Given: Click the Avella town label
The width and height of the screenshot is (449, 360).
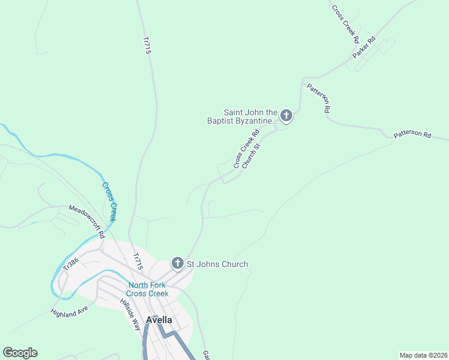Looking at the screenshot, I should tap(159, 320).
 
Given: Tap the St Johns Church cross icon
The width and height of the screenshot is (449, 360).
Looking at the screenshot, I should tap(177, 263).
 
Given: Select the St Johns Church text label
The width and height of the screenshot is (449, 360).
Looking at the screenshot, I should tap(217, 264).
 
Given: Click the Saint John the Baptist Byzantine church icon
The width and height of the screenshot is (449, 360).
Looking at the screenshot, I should tap(286, 116).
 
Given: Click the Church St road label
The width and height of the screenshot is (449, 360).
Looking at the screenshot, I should tap(252, 155).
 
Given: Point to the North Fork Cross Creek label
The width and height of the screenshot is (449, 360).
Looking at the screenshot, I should tap(148, 289).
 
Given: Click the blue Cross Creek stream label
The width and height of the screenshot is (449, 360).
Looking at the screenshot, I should tap(109, 201).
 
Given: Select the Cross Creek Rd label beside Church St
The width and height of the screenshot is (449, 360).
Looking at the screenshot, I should tap(246, 149).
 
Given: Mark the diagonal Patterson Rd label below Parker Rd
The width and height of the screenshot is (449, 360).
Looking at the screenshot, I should tap(318, 98).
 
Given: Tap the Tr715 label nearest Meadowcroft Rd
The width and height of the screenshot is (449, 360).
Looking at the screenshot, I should tap(138, 261).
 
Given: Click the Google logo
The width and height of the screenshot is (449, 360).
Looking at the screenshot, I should tap(20, 353).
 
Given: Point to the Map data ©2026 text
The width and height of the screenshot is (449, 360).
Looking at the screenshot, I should tap(423, 355).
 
